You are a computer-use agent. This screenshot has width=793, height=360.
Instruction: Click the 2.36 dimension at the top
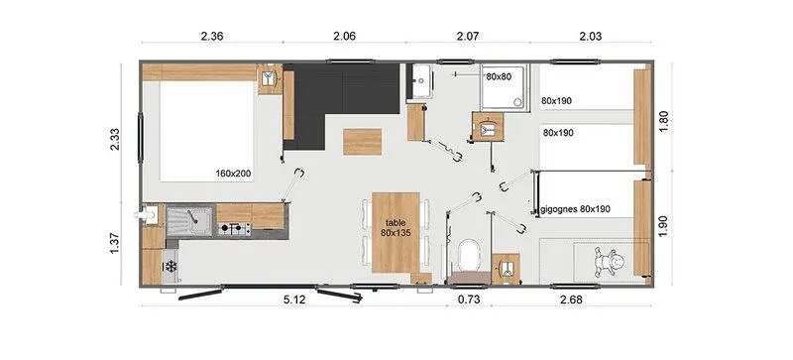(x=211, y=37)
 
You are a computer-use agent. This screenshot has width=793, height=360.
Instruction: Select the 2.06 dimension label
(x=343, y=37)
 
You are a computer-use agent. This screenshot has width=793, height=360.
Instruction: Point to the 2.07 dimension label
(x=466, y=37)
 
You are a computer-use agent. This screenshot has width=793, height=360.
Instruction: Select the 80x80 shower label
(x=499, y=75)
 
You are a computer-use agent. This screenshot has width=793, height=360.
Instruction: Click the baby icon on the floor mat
(x=606, y=263)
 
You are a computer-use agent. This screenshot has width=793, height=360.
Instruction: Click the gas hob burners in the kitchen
(x=234, y=231)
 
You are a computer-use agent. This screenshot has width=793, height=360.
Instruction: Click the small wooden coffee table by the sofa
(x=361, y=142)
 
